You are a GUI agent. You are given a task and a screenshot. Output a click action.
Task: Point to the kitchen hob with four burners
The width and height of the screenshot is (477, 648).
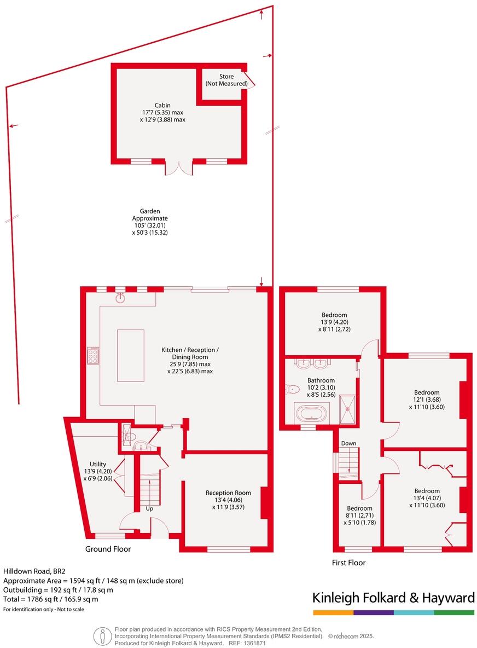pyautogui.click(x=92, y=355)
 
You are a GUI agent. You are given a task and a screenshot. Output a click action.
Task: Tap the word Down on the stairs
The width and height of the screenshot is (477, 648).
pyautogui.click(x=348, y=443)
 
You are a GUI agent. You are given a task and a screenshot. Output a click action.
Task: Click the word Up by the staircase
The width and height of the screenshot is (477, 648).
pyautogui.click(x=149, y=508)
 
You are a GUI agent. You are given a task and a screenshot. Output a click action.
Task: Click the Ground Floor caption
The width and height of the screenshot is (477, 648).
pyautogui.click(x=108, y=549)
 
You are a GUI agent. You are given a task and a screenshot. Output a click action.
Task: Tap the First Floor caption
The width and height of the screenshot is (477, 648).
pyautogui.click(x=349, y=562)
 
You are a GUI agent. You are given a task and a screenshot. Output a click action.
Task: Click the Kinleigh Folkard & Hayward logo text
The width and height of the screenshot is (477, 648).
pyautogui.click(x=393, y=598)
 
